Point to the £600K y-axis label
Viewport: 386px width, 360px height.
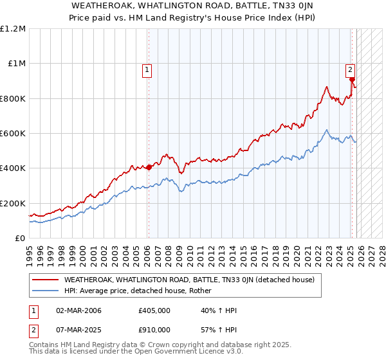coord(13,134)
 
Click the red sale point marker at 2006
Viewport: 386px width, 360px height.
coord(149,168)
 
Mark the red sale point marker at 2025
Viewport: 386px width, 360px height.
coord(352,80)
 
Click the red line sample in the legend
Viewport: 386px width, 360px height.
coord(46,280)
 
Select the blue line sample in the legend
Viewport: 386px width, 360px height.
coord(46,291)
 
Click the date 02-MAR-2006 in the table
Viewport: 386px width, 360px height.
coord(78,310)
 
